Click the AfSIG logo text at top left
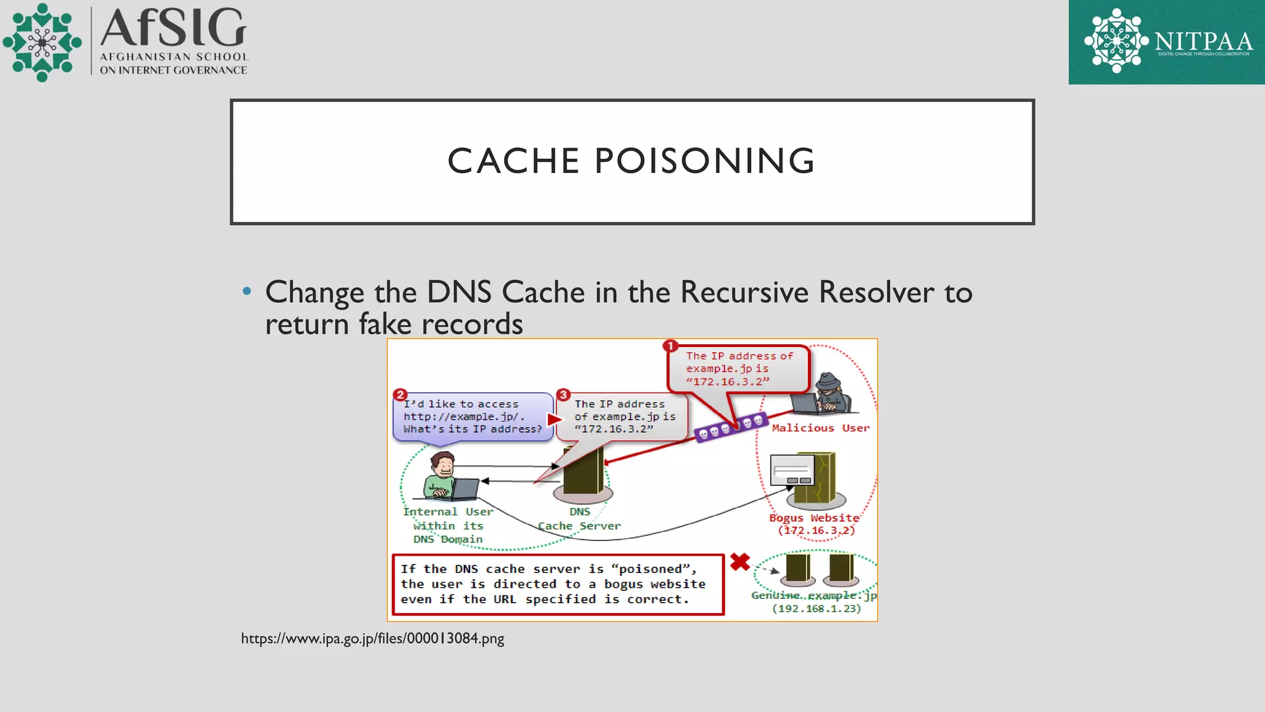(173, 28)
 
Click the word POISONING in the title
(705, 161)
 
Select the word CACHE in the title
(513, 161)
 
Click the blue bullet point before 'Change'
(247, 291)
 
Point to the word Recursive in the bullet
(744, 292)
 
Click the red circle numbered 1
(670, 346)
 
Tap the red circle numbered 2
(400, 395)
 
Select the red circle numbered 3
(563, 395)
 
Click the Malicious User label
(820, 428)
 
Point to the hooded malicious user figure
(828, 393)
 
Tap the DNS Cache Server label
(579, 519)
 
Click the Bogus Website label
(814, 518)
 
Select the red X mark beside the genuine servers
(739, 562)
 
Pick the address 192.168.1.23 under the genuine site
(816, 609)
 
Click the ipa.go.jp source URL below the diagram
(372, 638)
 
